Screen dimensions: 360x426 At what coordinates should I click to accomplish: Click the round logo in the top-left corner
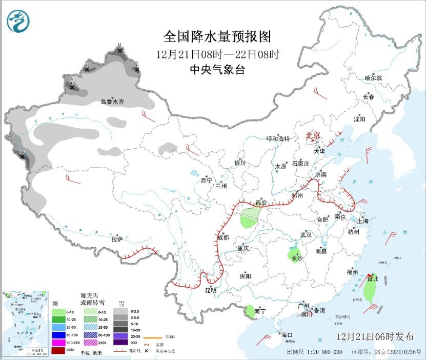point(18,21)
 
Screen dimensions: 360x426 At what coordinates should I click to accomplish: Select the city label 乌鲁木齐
point(112,103)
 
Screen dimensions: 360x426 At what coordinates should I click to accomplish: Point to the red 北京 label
point(313,135)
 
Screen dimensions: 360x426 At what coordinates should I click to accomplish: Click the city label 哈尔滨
point(373,78)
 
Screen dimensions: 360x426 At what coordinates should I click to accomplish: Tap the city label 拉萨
point(117,239)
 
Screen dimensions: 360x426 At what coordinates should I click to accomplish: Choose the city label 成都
point(223,237)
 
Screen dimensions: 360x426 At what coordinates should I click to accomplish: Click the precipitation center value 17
point(22,151)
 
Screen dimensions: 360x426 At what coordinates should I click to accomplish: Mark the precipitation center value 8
point(119,46)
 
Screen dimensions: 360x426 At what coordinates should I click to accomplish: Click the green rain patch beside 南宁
point(250,310)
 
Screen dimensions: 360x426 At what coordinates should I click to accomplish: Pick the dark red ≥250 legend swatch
point(58,350)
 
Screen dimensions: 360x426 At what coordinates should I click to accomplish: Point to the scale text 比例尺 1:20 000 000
point(314,353)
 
